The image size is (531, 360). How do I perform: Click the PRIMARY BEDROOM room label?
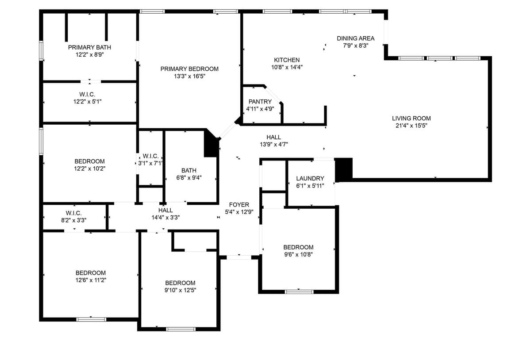click(189, 69)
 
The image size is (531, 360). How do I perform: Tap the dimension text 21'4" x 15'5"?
click(411, 126)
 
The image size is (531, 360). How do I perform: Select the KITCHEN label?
click(287, 60)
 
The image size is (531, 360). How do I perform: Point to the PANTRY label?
click(260, 102)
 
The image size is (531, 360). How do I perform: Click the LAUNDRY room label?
click(310, 179)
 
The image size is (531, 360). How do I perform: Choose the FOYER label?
click(239, 205)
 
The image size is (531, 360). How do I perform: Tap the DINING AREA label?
click(355, 38)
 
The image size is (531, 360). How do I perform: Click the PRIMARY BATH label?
click(89, 47)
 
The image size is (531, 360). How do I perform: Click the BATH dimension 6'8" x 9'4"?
click(189, 178)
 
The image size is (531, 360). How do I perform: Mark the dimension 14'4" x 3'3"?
click(165, 218)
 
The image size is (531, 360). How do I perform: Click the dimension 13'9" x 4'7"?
click(273, 144)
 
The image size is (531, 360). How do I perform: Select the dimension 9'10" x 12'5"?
click(180, 290)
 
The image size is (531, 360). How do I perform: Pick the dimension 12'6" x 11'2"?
click(90, 280)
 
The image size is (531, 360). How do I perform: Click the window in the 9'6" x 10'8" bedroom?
click(299, 291)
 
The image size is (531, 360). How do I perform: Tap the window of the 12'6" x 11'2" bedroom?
click(91, 319)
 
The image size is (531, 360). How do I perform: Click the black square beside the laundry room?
click(343, 169)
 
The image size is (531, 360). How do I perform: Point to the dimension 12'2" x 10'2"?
click(89, 169)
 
